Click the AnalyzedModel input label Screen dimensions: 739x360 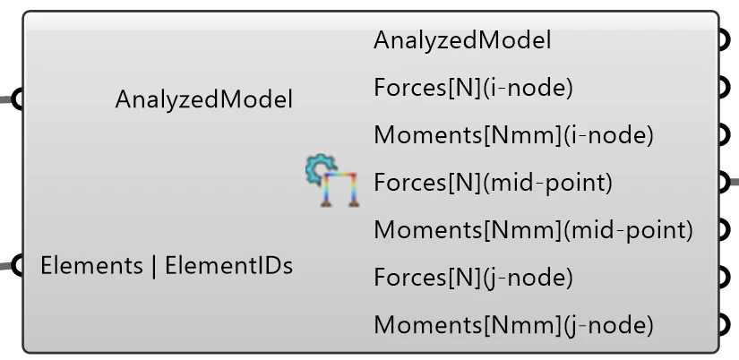pos(203,99)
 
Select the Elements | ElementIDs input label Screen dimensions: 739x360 pos(167,266)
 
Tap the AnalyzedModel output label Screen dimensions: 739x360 pos(462,40)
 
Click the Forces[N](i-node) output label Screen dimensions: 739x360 pos(473,88)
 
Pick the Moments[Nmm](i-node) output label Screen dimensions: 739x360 pos(514,135)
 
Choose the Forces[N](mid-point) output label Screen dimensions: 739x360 pos(493,183)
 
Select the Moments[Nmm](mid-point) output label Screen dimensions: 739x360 pos(534,230)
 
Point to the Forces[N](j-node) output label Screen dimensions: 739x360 pos(473,278)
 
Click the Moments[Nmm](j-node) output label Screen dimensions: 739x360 pos(514,325)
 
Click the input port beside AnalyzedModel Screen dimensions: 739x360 pos(17,99)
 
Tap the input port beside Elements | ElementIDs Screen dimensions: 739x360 pos(17,266)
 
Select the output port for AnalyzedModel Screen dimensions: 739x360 pos(725,40)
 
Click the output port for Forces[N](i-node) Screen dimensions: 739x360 pos(725,88)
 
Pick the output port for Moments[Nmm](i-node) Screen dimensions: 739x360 pos(725,135)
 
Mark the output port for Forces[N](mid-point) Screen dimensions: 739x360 pos(725,183)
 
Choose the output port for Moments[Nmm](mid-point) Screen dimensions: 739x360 pos(725,230)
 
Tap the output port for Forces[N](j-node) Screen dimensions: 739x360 pos(725,278)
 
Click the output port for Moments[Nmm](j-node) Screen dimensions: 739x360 pos(725,325)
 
